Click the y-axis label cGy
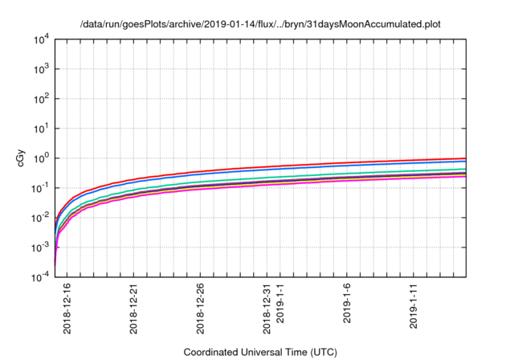22,157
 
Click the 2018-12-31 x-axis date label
267,306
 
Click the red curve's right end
465,158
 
